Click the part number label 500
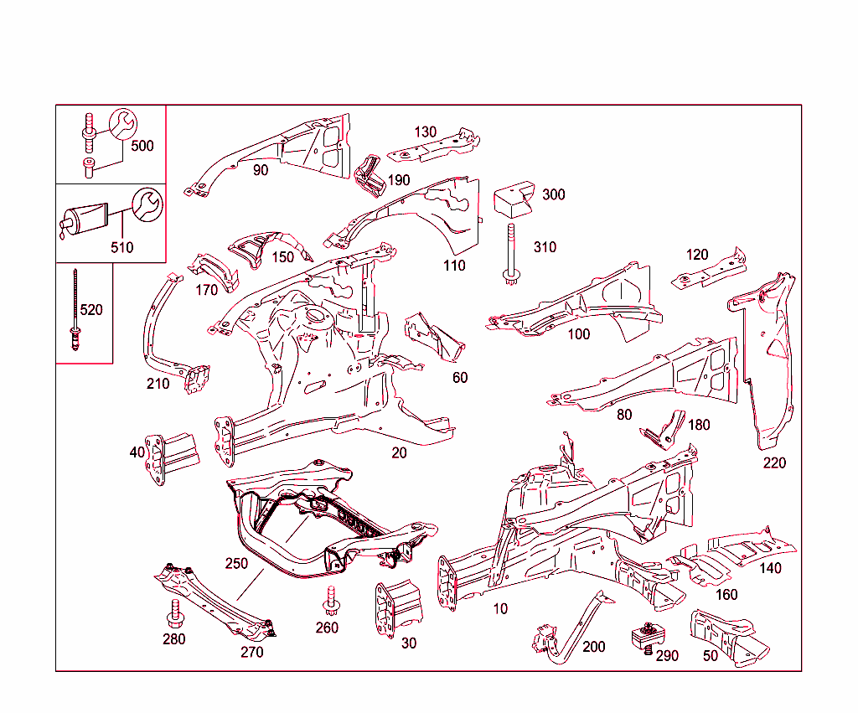click(x=142, y=146)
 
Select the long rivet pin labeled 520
click(x=75, y=310)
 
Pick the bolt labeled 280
click(x=176, y=613)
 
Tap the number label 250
click(x=237, y=564)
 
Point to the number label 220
click(x=774, y=463)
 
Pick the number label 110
click(x=454, y=266)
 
